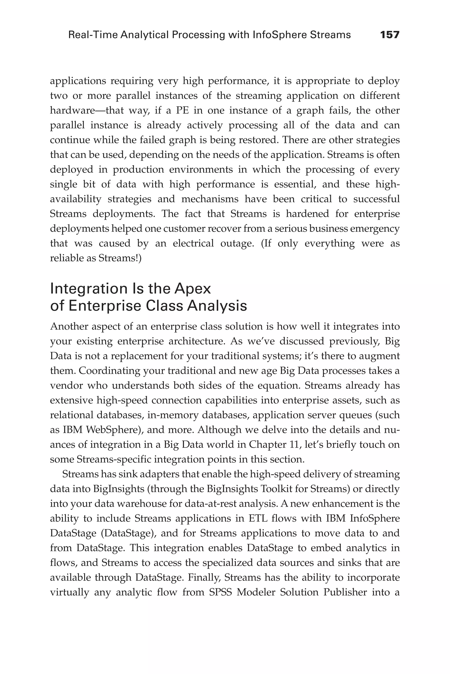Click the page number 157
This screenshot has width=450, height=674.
tap(389, 35)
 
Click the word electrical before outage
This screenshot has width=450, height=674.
tap(193, 243)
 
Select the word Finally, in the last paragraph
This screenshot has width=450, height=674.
tap(204, 577)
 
